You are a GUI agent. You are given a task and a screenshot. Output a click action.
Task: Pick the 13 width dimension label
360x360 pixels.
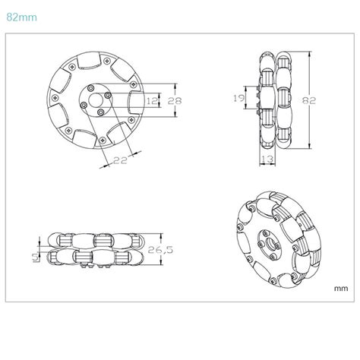(268, 157)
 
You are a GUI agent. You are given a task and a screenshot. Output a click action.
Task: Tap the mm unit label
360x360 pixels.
(339, 288)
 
